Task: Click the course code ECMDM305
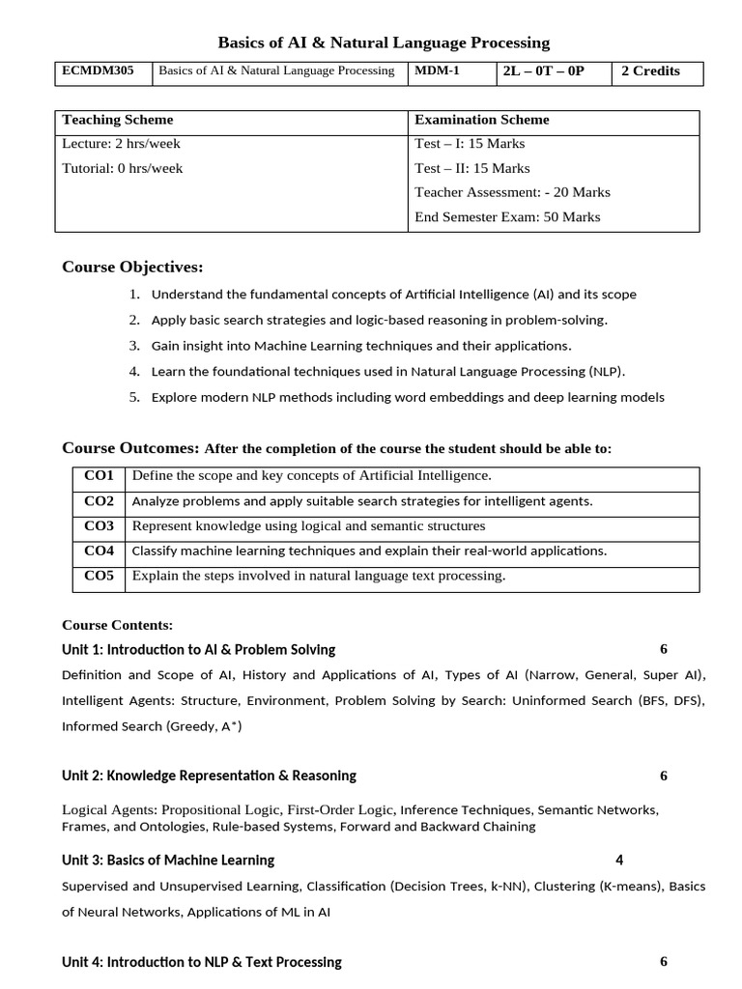coord(99,71)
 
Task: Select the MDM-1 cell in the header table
coord(438,71)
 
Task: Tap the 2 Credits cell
coord(656,71)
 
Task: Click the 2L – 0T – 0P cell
coord(544,71)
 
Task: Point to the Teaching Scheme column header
coord(118,120)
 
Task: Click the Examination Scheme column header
coord(481,120)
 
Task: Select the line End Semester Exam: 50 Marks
coord(507,216)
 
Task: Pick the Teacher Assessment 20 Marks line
coord(512,192)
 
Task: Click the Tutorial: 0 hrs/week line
coord(122,168)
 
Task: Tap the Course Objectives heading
coord(132,267)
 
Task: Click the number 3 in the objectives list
coord(134,345)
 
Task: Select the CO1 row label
coord(99,475)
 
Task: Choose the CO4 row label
coord(99,551)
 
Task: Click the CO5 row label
coord(99,576)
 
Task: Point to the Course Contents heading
coord(117,625)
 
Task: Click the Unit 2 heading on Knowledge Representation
coord(209,776)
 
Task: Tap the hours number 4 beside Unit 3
coord(619,860)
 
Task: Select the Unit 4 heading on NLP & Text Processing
coord(201,962)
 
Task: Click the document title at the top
coord(384,42)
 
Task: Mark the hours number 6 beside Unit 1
coord(664,649)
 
